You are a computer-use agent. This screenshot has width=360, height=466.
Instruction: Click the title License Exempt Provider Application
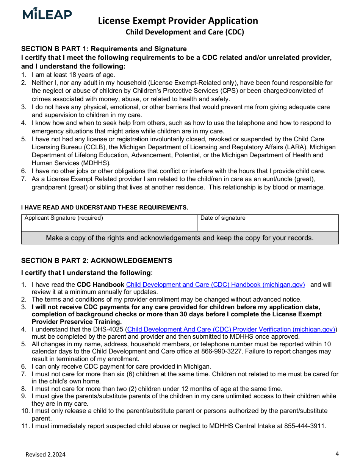tap(178, 20)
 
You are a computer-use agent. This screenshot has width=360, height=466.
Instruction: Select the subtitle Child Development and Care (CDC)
tap(185, 32)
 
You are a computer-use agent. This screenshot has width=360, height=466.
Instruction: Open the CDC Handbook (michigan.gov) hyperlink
tap(215, 285)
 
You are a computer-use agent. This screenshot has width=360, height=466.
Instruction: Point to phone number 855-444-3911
tap(305, 426)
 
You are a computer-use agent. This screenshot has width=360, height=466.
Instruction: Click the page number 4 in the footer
tap(337, 453)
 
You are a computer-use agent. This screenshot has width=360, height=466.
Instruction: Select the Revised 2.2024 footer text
tap(45, 455)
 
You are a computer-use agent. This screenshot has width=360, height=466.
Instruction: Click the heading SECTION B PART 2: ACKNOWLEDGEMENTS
tap(97, 261)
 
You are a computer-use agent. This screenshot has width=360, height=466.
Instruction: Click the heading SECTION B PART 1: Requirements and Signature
tap(104, 49)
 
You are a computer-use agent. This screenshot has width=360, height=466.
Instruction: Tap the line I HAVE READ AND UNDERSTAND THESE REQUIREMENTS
tap(105, 208)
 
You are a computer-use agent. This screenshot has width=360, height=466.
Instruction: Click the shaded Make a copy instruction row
tap(180, 238)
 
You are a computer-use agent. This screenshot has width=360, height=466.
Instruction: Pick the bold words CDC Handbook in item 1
tap(100, 285)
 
